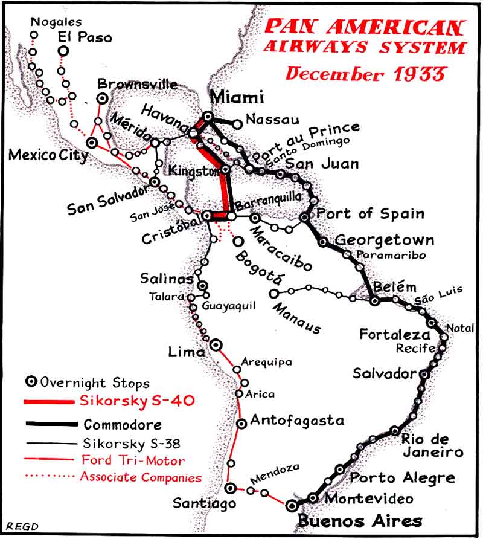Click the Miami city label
click(x=237, y=97)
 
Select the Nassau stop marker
click(x=238, y=124)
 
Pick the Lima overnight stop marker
click(x=216, y=344)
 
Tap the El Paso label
click(x=85, y=37)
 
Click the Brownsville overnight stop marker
click(x=103, y=98)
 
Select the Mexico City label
click(x=48, y=155)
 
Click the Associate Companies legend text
click(x=141, y=477)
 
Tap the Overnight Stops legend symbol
click(x=31, y=382)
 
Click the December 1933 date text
click(x=366, y=74)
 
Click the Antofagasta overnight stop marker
click(x=241, y=424)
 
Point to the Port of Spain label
click(x=370, y=213)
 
